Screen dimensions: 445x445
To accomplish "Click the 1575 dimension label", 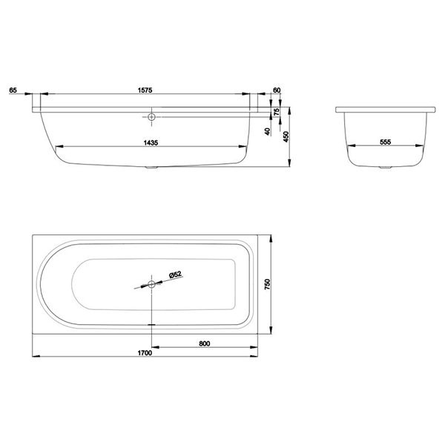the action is pyautogui.click(x=145, y=90).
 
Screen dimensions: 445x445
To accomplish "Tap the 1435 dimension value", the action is pyautogui.click(x=151, y=142).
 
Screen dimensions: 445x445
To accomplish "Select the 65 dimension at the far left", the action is pyautogui.click(x=13, y=90).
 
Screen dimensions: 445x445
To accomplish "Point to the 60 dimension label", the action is pyautogui.click(x=277, y=90).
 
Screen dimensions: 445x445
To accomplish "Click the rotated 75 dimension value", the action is pyautogui.click(x=277, y=111).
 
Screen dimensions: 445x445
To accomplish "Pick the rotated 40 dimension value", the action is pyautogui.click(x=267, y=131).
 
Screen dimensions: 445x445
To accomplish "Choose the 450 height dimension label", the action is pyautogui.click(x=286, y=136).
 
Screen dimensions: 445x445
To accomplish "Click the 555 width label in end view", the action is pyautogui.click(x=386, y=142).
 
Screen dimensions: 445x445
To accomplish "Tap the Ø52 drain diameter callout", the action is pyautogui.click(x=175, y=274).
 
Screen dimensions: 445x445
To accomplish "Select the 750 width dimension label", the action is pyautogui.click(x=267, y=284).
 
